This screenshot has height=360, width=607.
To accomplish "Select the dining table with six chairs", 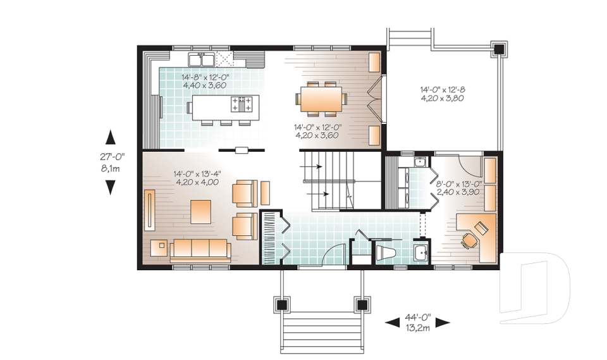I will pos(321,99).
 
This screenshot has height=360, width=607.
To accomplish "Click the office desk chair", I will pos(469,239).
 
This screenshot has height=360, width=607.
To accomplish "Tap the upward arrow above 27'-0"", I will pos(110,136).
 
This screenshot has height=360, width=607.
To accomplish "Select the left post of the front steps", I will pos(282,304).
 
